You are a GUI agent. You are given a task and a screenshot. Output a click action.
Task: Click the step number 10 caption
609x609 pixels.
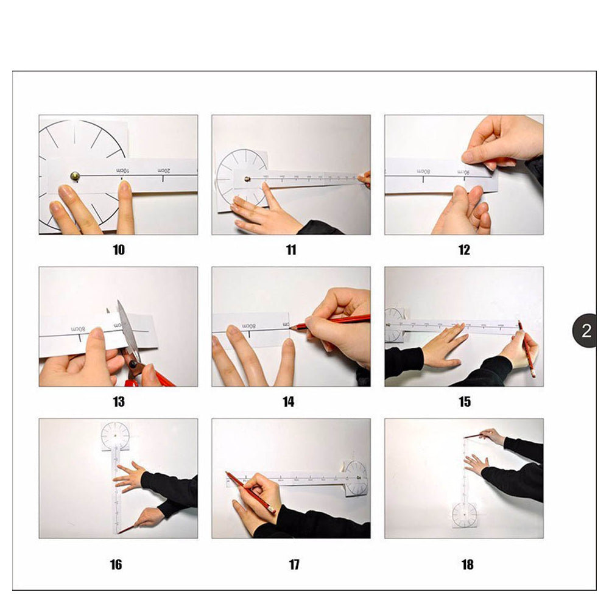pyautogui.click(x=119, y=250)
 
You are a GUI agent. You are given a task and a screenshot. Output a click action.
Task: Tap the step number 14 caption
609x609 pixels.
pyautogui.click(x=289, y=401)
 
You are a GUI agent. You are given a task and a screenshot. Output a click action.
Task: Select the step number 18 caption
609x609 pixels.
pyautogui.click(x=467, y=565)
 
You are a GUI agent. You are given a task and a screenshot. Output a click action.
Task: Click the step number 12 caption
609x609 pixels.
pyautogui.click(x=464, y=250)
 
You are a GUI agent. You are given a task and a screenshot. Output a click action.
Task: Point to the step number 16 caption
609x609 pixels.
pyautogui.click(x=116, y=565)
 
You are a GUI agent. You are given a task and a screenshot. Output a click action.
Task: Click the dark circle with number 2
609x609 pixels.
pyautogui.click(x=586, y=331)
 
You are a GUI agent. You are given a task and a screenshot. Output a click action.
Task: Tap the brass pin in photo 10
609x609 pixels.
pyautogui.click(x=74, y=176)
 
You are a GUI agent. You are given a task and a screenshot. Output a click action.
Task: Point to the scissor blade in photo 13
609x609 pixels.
pyautogui.click(x=128, y=329)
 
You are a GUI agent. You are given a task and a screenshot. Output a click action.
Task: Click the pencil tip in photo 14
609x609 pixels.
pyautogui.click(x=293, y=328)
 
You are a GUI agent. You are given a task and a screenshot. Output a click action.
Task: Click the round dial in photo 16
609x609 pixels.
pyautogui.click(x=115, y=436)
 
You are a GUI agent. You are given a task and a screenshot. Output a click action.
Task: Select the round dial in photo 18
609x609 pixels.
pyautogui.click(x=465, y=515)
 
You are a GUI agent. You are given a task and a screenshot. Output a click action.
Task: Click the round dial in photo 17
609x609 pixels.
pyautogui.click(x=356, y=478)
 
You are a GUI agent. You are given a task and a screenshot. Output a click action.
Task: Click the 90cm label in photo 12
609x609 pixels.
pyautogui.click(x=465, y=172)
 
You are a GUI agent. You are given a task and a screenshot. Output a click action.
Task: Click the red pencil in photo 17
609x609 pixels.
pyautogui.click(x=250, y=492)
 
